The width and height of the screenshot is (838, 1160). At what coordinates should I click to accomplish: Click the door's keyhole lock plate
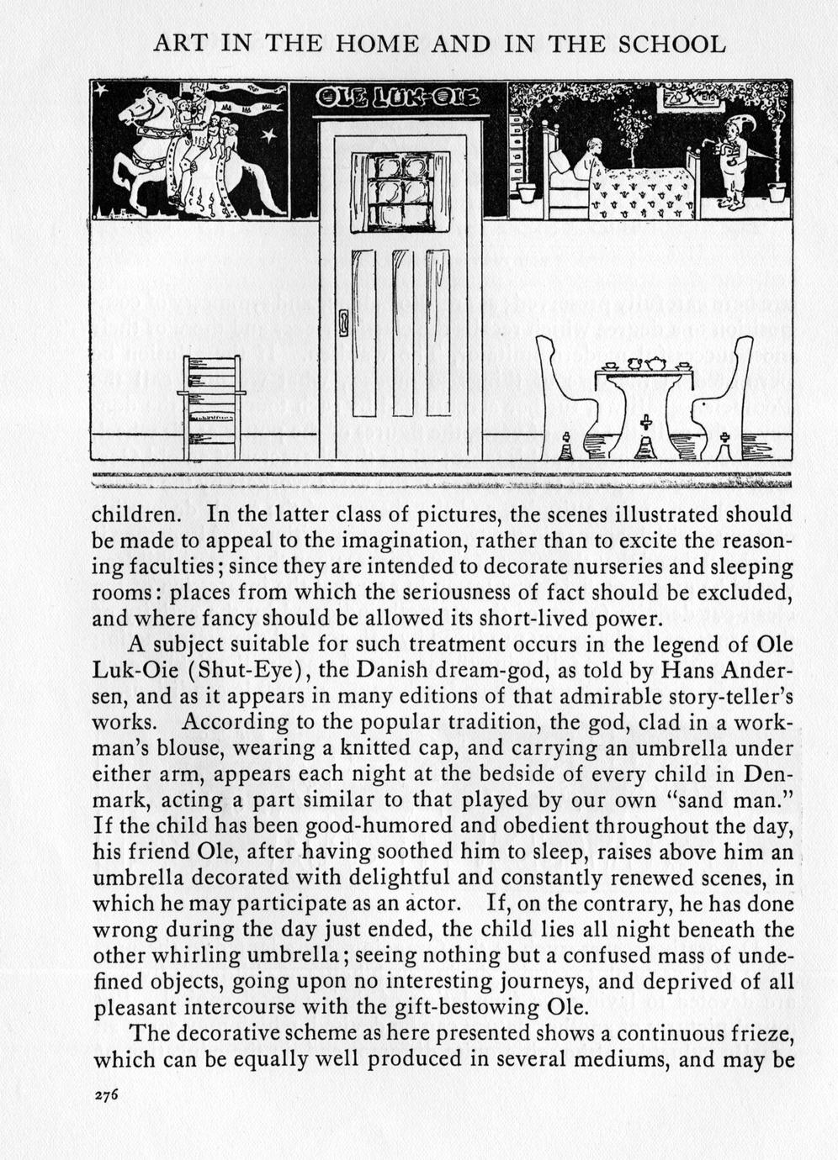coord(342,323)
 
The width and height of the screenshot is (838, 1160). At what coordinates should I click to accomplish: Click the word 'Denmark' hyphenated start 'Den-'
coord(770,774)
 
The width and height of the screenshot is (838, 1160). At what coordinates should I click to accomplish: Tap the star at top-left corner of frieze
coord(101,89)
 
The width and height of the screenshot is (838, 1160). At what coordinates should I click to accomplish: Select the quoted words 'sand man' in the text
coord(742,800)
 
